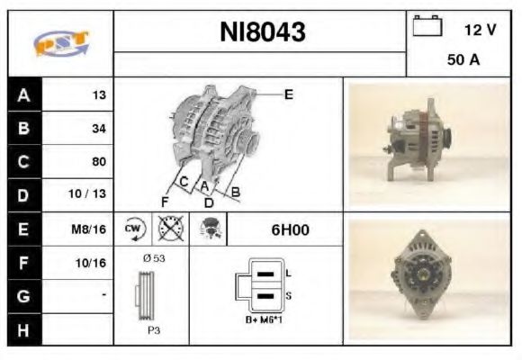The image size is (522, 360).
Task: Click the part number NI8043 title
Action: [263, 32]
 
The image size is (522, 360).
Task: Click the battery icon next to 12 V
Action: [425, 28]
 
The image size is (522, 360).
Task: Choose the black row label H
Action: [22, 328]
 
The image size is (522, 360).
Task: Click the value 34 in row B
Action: [98, 129]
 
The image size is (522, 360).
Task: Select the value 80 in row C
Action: [98, 162]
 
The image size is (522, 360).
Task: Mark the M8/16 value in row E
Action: [92, 229]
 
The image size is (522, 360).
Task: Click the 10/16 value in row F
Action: [93, 262]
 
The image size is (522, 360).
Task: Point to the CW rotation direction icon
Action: [133, 229]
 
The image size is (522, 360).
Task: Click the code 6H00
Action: [290, 229]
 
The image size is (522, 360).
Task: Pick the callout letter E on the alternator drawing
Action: [288, 94]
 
